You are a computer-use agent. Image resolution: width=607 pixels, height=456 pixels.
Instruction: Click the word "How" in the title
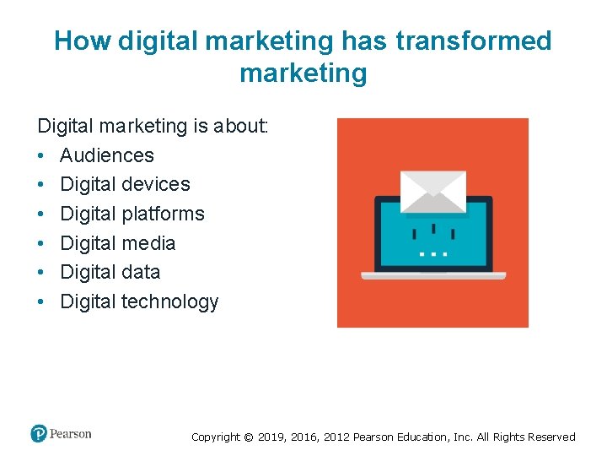[x=83, y=41]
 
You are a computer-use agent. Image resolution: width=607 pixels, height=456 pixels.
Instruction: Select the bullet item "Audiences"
[x=107, y=155]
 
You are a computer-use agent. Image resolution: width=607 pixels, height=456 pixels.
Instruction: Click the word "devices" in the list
[x=157, y=184]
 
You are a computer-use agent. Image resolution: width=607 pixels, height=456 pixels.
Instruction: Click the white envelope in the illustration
[x=432, y=190]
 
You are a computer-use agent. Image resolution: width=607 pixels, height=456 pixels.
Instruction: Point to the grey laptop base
[x=433, y=275]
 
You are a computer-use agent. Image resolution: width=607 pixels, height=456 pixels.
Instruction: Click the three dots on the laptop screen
[x=433, y=252]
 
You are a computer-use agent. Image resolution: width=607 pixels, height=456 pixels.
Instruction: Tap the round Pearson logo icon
[x=39, y=433]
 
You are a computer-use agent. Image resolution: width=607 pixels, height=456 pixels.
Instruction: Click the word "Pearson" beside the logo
[x=71, y=434]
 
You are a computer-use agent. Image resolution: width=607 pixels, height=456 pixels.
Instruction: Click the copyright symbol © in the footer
[x=247, y=437]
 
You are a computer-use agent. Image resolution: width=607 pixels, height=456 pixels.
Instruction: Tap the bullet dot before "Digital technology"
[x=41, y=301]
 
